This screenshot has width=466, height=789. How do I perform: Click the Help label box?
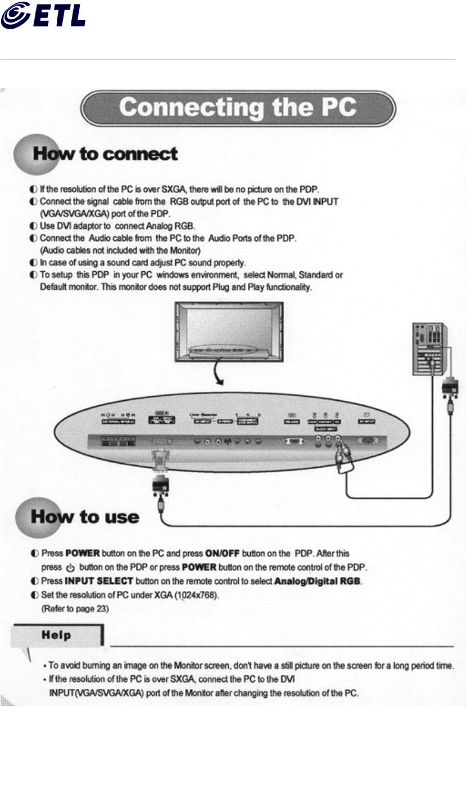[57, 635]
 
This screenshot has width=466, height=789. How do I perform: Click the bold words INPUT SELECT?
[99, 580]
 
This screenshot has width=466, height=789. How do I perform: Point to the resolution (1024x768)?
[201, 595]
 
